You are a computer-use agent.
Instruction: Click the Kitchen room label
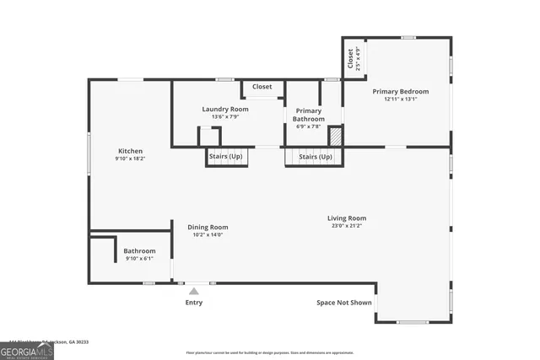coord(130,151)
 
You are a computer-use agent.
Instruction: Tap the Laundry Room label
coord(225,110)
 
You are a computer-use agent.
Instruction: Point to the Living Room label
coord(347,218)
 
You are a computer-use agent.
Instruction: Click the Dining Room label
coord(208,227)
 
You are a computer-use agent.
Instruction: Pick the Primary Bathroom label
coord(308,115)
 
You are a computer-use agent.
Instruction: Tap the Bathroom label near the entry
coord(139,251)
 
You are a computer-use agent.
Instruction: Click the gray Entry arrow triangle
coord(193,291)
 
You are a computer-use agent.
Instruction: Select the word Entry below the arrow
coord(194,303)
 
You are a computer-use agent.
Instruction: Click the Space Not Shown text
coord(343,303)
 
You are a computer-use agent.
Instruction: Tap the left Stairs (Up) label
coord(225,157)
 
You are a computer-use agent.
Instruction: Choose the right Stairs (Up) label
coord(316,157)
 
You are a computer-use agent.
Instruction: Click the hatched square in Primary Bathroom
coord(334,136)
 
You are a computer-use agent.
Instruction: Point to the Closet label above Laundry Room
coord(262,87)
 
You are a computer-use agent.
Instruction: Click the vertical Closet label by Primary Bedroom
coord(349,58)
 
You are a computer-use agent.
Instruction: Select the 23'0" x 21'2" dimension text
coord(347,226)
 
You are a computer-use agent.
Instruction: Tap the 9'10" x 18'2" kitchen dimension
coord(130,159)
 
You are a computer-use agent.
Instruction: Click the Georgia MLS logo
coord(27,350)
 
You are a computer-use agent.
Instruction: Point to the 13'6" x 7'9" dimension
coord(225,117)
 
